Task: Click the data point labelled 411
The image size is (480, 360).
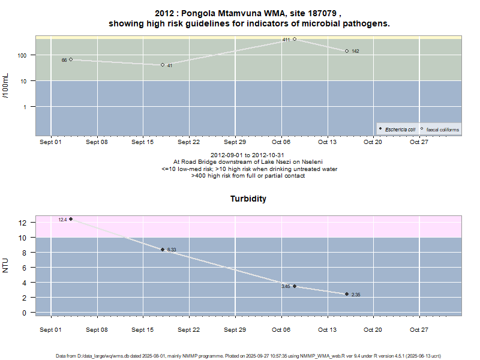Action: [x=295, y=39]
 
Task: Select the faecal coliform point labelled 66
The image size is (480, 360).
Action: [x=71, y=59]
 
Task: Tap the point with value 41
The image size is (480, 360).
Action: [x=163, y=65]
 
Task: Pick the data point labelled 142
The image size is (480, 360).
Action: [x=347, y=51]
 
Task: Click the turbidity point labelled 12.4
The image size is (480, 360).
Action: [x=71, y=219]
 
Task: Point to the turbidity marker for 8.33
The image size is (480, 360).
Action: [x=163, y=250]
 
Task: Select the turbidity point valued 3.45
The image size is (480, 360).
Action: [x=295, y=286]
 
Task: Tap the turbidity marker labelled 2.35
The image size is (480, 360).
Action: [x=347, y=294]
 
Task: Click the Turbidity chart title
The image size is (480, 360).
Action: [x=248, y=199]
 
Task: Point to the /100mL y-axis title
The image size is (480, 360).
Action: [x=6, y=86]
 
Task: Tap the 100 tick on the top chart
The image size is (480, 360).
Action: [x=24, y=55]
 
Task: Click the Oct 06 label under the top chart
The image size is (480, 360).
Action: [x=281, y=142]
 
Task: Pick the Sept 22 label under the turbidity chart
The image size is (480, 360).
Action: [x=188, y=329]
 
